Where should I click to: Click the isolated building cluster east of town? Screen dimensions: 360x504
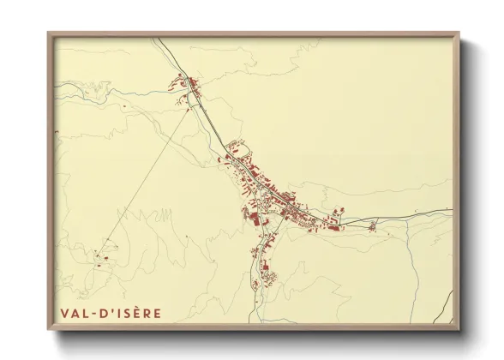pyautogui.click(x=371, y=226)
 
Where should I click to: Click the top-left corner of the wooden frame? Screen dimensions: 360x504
pyautogui.click(x=49, y=33)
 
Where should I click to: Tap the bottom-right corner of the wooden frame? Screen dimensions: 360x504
pyautogui.click(x=458, y=328)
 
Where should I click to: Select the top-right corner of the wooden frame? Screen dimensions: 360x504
pyautogui.click(x=458, y=33)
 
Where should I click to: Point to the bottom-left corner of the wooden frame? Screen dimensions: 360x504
pyautogui.click(x=49, y=328)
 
